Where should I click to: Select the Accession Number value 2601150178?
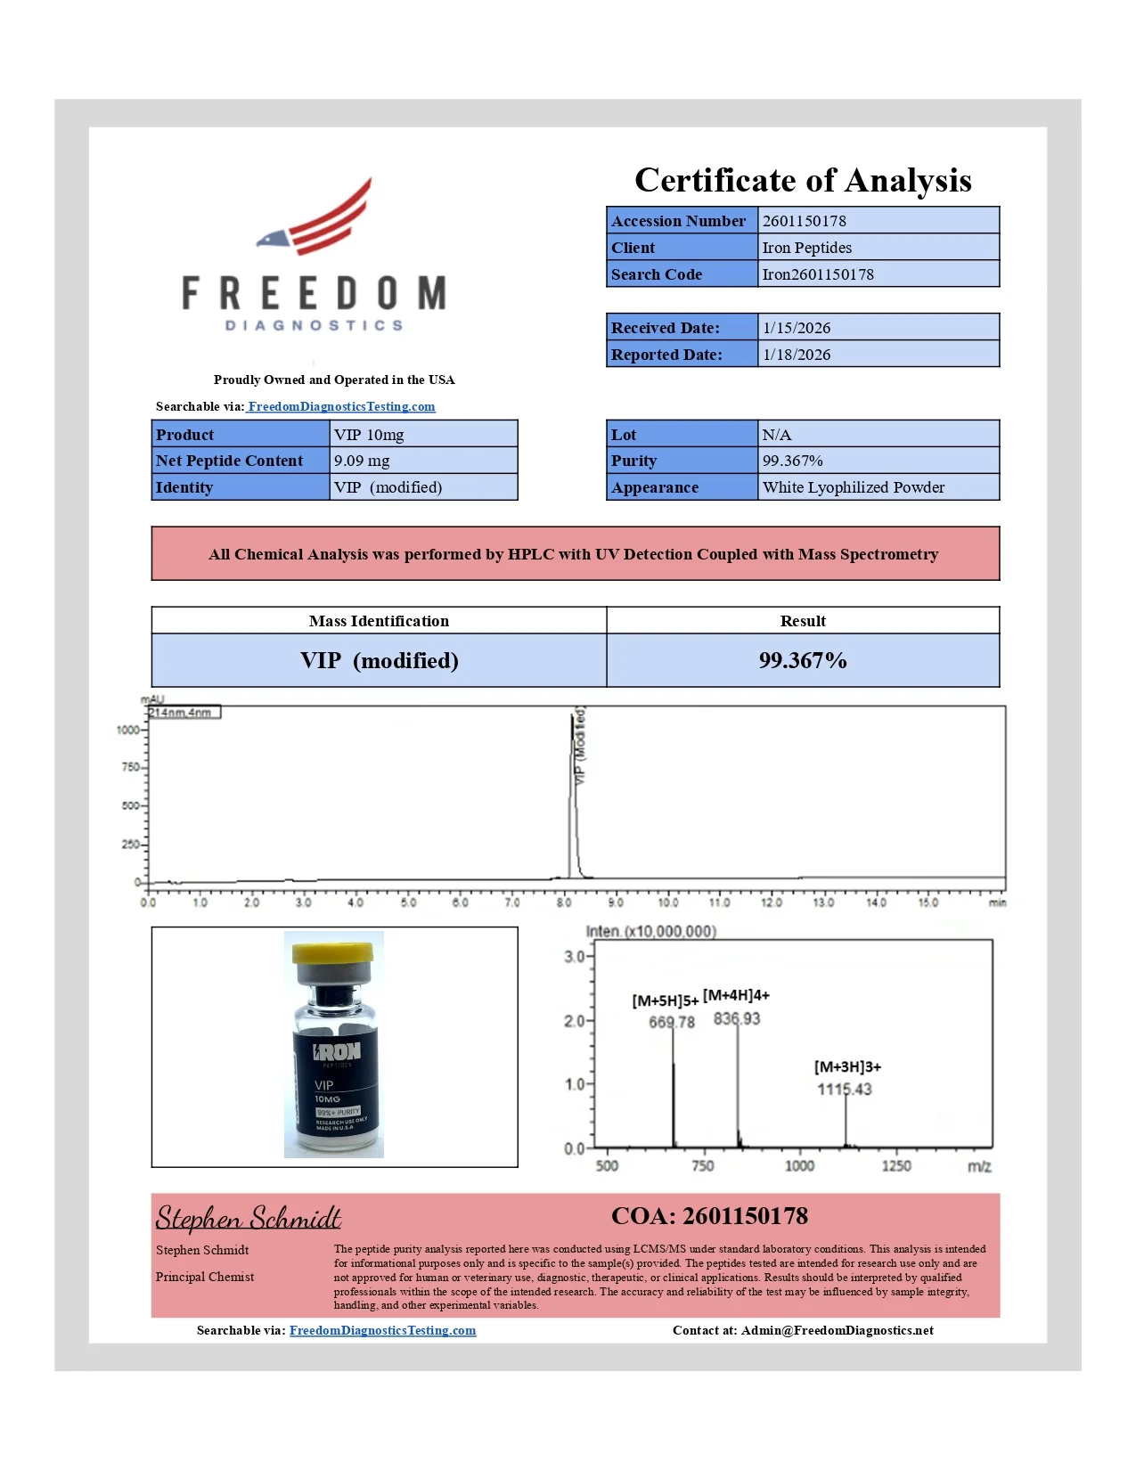[804, 221]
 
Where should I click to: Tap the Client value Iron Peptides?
[806, 248]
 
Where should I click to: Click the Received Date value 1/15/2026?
[796, 328]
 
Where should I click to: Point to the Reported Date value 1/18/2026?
[796, 355]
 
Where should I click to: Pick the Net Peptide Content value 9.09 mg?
[362, 461]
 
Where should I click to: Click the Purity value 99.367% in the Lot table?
[792, 461]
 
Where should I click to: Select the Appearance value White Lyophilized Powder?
[853, 487]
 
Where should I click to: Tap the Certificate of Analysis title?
[803, 180]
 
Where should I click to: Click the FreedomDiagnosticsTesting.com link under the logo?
[341, 406]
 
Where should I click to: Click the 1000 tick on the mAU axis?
[128, 730]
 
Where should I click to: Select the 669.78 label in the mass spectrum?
[672, 1022]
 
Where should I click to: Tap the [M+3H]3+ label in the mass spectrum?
[847, 1066]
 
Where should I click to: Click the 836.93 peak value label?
[737, 1018]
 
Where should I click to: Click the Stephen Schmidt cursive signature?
[249, 1217]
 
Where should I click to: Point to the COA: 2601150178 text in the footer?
[709, 1216]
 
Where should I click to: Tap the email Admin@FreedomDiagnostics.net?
[837, 1330]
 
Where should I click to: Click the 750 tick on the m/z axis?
[703, 1165]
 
